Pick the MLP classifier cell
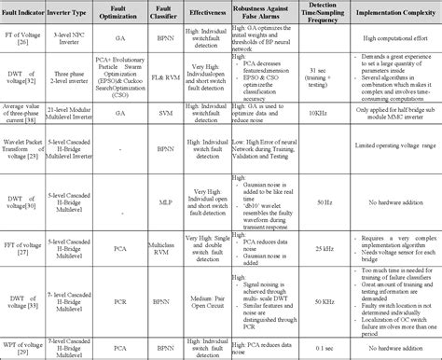coord(169,199)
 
